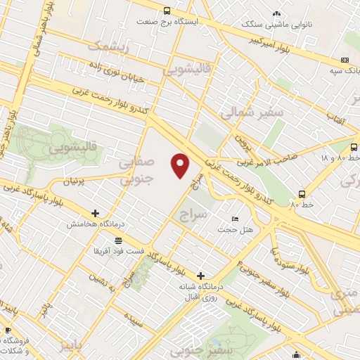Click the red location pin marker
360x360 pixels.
[181, 165]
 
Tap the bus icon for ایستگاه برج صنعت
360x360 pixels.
[167, 11]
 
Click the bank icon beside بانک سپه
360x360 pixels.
[344, 60]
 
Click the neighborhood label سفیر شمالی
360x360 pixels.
[250, 112]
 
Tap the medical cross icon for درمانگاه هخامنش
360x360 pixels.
[96, 212]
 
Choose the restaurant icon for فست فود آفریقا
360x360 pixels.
[110, 240]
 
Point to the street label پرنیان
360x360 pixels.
[78, 181]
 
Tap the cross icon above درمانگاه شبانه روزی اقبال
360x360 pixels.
[201, 276]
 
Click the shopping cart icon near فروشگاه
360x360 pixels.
[7, 330]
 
